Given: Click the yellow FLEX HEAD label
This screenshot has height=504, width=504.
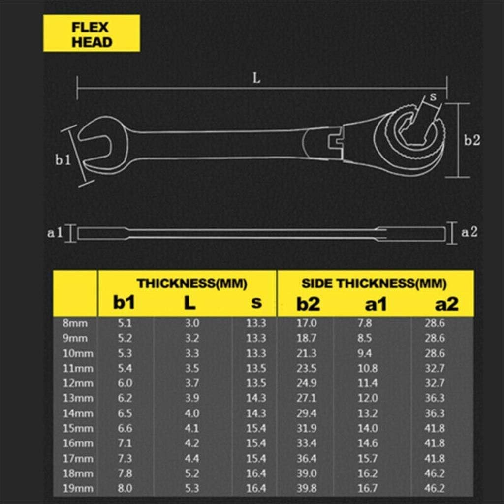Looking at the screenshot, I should point(92,34).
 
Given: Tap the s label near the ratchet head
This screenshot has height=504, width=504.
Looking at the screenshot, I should point(433,97).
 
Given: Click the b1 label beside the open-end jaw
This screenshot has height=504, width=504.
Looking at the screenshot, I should point(63,160).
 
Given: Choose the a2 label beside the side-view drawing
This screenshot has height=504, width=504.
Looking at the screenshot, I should point(470,232).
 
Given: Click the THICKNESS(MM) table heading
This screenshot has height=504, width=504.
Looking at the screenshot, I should point(192,283).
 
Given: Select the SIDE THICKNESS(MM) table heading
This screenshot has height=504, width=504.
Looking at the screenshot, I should point(374,283).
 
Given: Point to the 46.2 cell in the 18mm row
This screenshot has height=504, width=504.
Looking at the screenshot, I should point(434,473).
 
